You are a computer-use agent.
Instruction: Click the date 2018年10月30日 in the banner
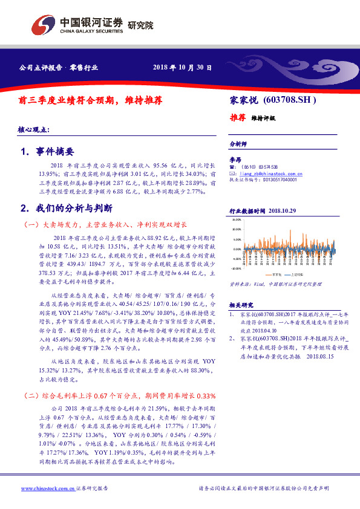coord(182,67)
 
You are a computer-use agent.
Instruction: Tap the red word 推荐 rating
coord(237,117)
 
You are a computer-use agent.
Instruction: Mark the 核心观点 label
coord(36,130)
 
